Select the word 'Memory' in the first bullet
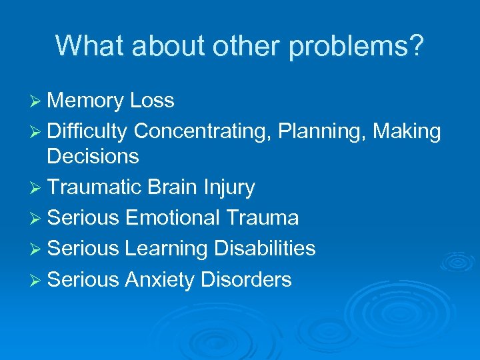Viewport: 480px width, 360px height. click(x=85, y=101)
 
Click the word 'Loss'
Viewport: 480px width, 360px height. click(x=152, y=101)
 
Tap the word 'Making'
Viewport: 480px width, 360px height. click(x=407, y=132)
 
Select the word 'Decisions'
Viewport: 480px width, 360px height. click(x=93, y=157)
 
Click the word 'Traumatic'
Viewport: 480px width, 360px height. click(x=94, y=187)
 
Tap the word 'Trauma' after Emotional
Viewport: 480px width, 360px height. click(x=262, y=217)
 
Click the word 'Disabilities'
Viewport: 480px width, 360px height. click(x=265, y=248)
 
